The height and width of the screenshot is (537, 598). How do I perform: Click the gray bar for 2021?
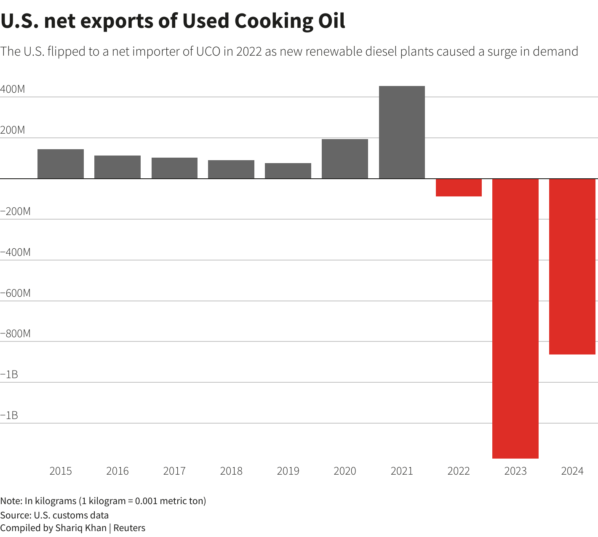pyautogui.click(x=402, y=132)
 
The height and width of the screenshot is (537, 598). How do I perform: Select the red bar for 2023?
pyautogui.click(x=515, y=318)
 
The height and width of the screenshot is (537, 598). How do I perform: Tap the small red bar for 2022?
pyautogui.click(x=459, y=188)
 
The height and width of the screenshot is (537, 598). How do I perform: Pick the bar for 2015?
pyautogui.click(x=61, y=164)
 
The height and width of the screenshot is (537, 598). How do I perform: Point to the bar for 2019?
pyautogui.click(x=288, y=171)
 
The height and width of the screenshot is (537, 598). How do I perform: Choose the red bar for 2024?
pyautogui.click(x=572, y=266)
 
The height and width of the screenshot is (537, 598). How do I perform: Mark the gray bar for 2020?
pyautogui.click(x=345, y=159)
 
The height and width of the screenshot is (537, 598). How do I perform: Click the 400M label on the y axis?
pyautogui.click(x=12, y=89)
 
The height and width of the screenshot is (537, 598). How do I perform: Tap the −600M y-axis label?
pyautogui.click(x=15, y=293)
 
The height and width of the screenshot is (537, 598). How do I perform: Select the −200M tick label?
pyautogui.click(x=15, y=212)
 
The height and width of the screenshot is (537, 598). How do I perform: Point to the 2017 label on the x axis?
pyautogui.click(x=174, y=471)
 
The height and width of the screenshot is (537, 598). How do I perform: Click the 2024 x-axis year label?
pyautogui.click(x=572, y=471)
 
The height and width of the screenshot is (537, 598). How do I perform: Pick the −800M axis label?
pyautogui.click(x=15, y=333)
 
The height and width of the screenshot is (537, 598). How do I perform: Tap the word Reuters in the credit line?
pyautogui.click(x=129, y=528)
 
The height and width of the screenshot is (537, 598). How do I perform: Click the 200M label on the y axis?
pyautogui.click(x=12, y=130)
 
